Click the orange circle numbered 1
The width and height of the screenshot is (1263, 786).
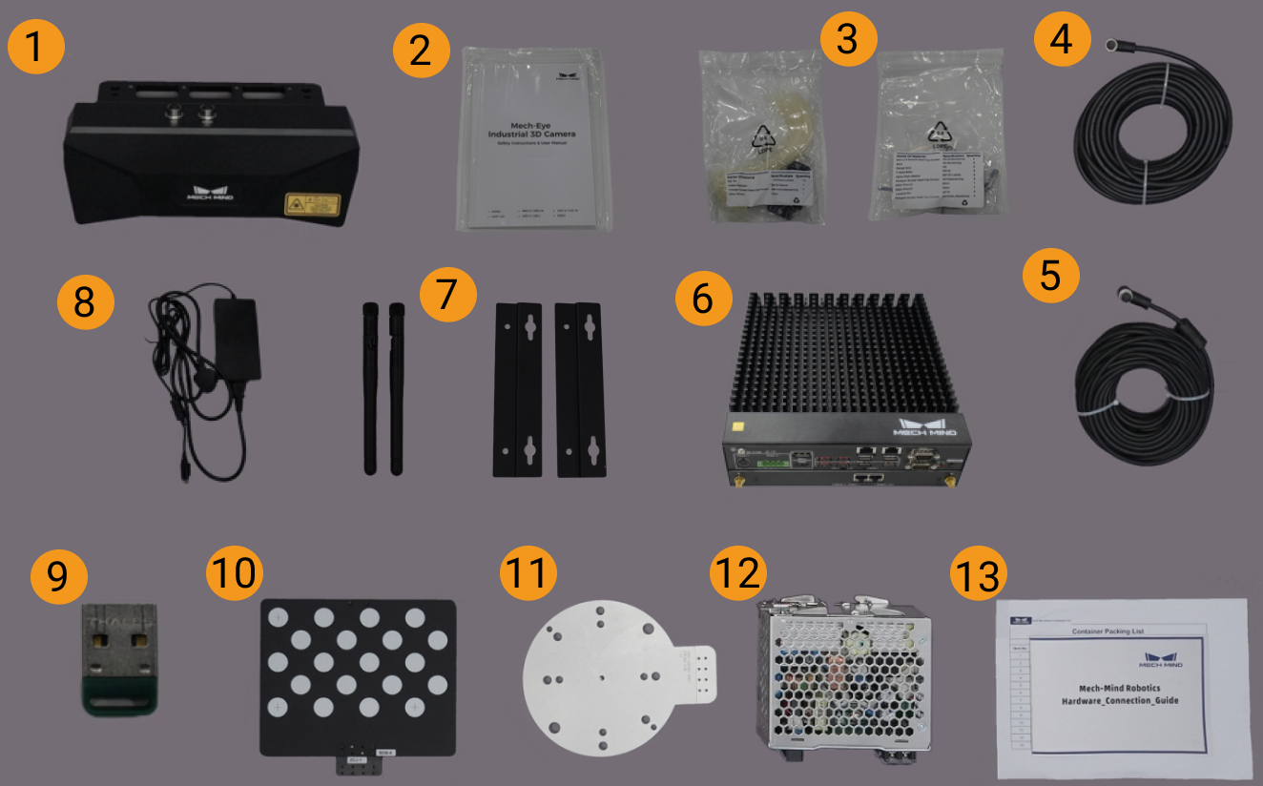[36, 47]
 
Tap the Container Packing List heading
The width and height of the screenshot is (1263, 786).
[1108, 631]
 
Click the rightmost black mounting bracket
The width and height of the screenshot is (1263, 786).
[581, 388]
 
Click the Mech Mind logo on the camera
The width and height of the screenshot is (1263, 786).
[212, 193]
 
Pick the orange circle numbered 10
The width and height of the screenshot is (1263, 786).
[234, 572]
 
